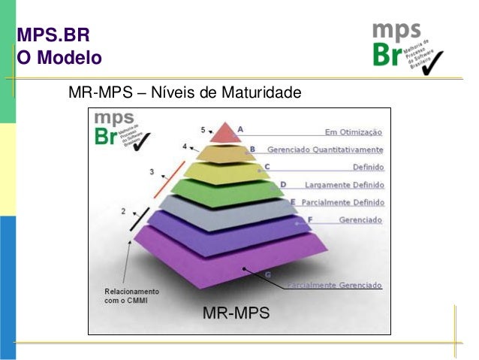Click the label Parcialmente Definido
[x=341, y=202]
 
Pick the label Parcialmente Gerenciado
[x=334, y=286]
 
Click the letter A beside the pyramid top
[x=240, y=129]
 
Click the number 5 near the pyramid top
[x=202, y=129]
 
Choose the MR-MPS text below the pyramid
[x=237, y=311]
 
